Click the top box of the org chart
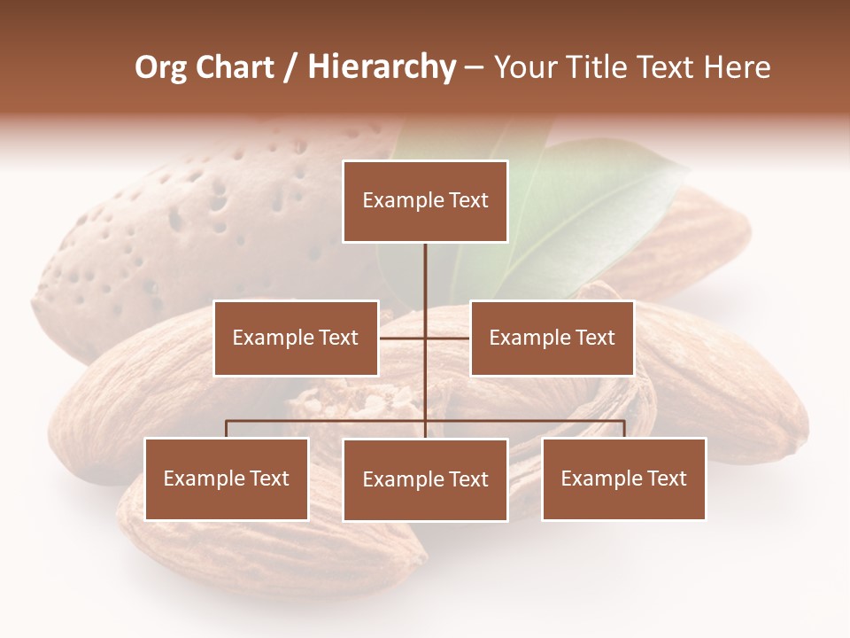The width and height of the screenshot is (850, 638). tap(425, 201)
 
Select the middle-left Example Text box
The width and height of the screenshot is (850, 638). tap(296, 338)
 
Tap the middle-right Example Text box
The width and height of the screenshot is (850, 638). tap(552, 338)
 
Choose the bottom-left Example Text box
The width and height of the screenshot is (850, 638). tap(227, 479)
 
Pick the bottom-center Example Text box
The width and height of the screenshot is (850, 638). tap(425, 480)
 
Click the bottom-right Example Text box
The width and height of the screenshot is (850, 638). tap(623, 479)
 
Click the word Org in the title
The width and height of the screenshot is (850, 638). tap(160, 67)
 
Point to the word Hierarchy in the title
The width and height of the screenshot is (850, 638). tap(382, 67)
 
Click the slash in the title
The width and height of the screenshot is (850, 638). tap(290, 67)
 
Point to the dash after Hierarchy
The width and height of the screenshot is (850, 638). tap(474, 69)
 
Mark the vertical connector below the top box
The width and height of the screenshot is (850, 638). tap(425, 275)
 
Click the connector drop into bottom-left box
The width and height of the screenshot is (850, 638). tap(227, 429)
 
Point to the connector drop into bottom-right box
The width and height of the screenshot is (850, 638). tap(624, 429)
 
